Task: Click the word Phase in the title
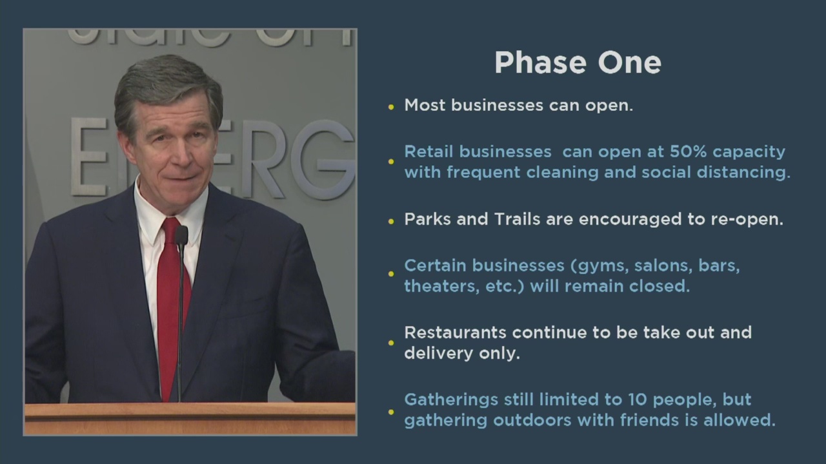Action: click(540, 63)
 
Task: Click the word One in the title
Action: click(629, 63)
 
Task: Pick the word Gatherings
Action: click(451, 400)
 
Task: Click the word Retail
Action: click(428, 151)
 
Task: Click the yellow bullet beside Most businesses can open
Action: click(391, 107)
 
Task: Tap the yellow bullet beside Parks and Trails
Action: click(391, 221)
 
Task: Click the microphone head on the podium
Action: click(181, 236)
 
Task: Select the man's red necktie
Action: click(172, 302)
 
